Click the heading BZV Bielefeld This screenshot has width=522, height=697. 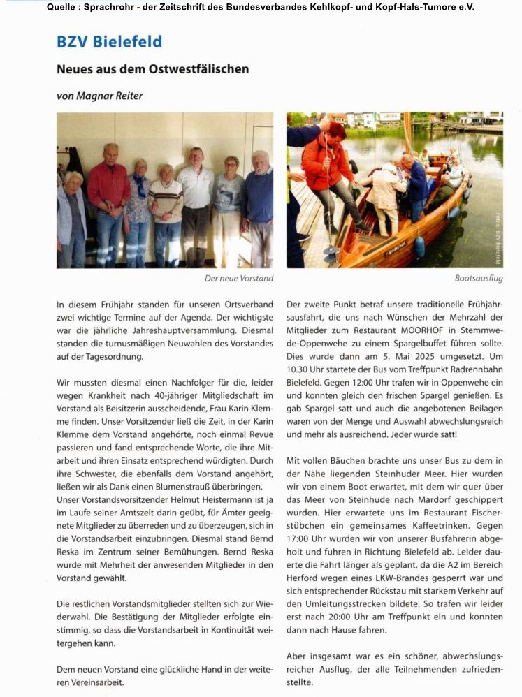click(x=109, y=42)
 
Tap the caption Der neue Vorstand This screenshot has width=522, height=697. click(x=238, y=279)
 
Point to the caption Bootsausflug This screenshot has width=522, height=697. click(x=479, y=279)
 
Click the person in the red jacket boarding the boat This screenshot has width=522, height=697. click(x=328, y=168)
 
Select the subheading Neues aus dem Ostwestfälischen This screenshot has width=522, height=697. click(x=152, y=69)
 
